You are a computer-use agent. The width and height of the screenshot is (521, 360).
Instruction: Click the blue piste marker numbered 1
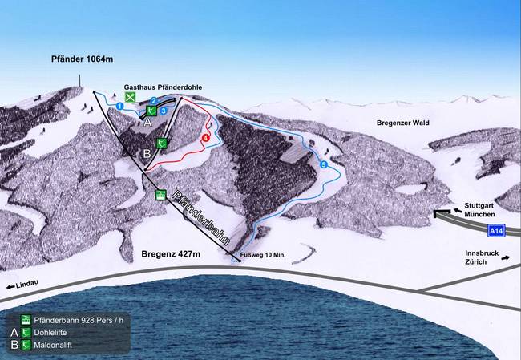click(x=119, y=105)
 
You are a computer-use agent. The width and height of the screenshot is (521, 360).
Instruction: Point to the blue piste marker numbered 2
click(x=153, y=101)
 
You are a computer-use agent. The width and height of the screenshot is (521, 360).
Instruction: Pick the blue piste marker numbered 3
click(x=163, y=110)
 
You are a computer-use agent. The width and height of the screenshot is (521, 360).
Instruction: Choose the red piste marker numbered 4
click(x=206, y=138)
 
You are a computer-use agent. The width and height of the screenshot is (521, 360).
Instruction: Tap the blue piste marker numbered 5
click(x=324, y=164)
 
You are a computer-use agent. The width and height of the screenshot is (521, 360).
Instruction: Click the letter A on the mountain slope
click(x=147, y=123)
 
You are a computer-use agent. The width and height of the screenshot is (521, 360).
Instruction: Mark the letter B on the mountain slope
click(x=147, y=152)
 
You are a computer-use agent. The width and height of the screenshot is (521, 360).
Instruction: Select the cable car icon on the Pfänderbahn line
click(x=160, y=195)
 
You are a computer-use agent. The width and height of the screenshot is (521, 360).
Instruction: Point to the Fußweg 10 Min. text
click(x=263, y=255)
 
